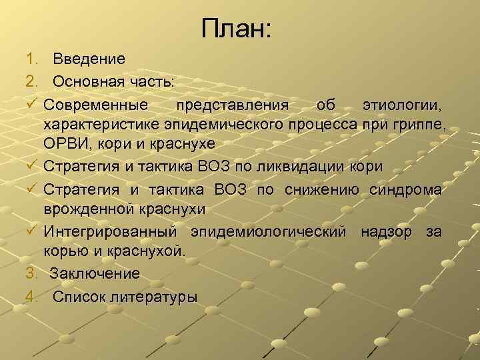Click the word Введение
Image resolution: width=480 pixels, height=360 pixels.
[x=89, y=59]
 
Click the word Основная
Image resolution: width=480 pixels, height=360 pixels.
[x=86, y=81]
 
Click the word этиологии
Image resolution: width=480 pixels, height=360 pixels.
[x=401, y=104]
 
